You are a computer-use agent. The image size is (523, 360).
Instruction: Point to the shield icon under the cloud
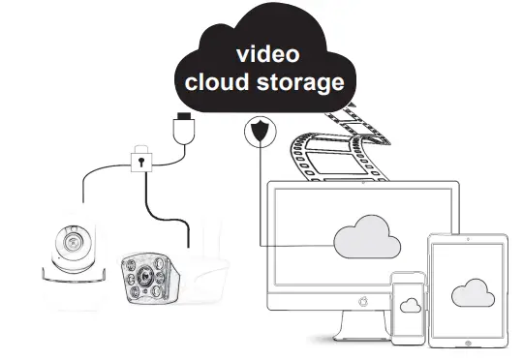[258, 131]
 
